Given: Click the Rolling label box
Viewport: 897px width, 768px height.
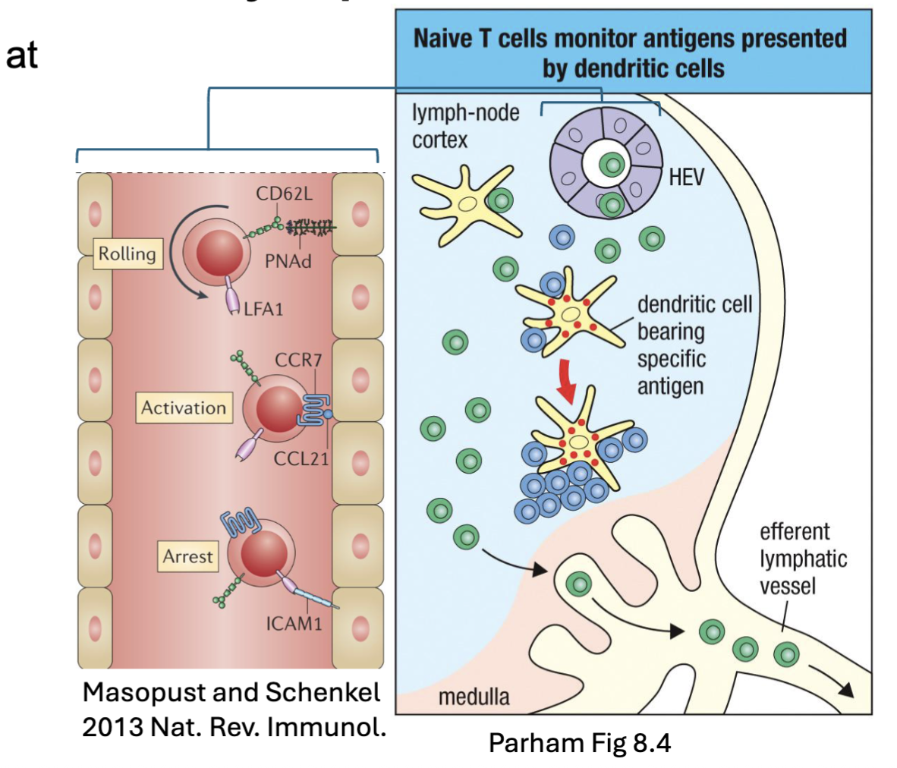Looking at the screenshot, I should coord(127,254).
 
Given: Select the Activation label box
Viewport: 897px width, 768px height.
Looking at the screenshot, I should coord(184,408).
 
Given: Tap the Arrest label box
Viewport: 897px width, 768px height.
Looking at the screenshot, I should coord(187,556).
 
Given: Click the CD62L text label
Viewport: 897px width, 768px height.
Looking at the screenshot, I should coord(283,194).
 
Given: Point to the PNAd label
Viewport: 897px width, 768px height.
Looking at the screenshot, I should coord(288,262).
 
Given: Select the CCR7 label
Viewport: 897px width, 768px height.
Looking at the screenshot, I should coord(298,359).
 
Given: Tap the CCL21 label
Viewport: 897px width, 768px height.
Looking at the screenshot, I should coord(301,458).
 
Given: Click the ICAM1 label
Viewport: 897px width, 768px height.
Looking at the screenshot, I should coord(294,624).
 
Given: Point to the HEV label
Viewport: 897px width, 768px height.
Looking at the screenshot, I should coord(686,178).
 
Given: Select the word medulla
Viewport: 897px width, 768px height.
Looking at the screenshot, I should coord(474,696).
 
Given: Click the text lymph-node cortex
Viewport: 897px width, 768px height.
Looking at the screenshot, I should coord(464,126).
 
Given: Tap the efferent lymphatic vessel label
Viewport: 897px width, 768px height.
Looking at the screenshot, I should coord(802,559).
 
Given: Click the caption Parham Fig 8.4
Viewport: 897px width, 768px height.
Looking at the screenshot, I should coord(579,741).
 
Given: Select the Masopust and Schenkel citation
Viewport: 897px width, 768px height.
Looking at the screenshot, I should coord(233,709).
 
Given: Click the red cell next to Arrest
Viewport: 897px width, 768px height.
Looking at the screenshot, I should coord(263,554).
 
